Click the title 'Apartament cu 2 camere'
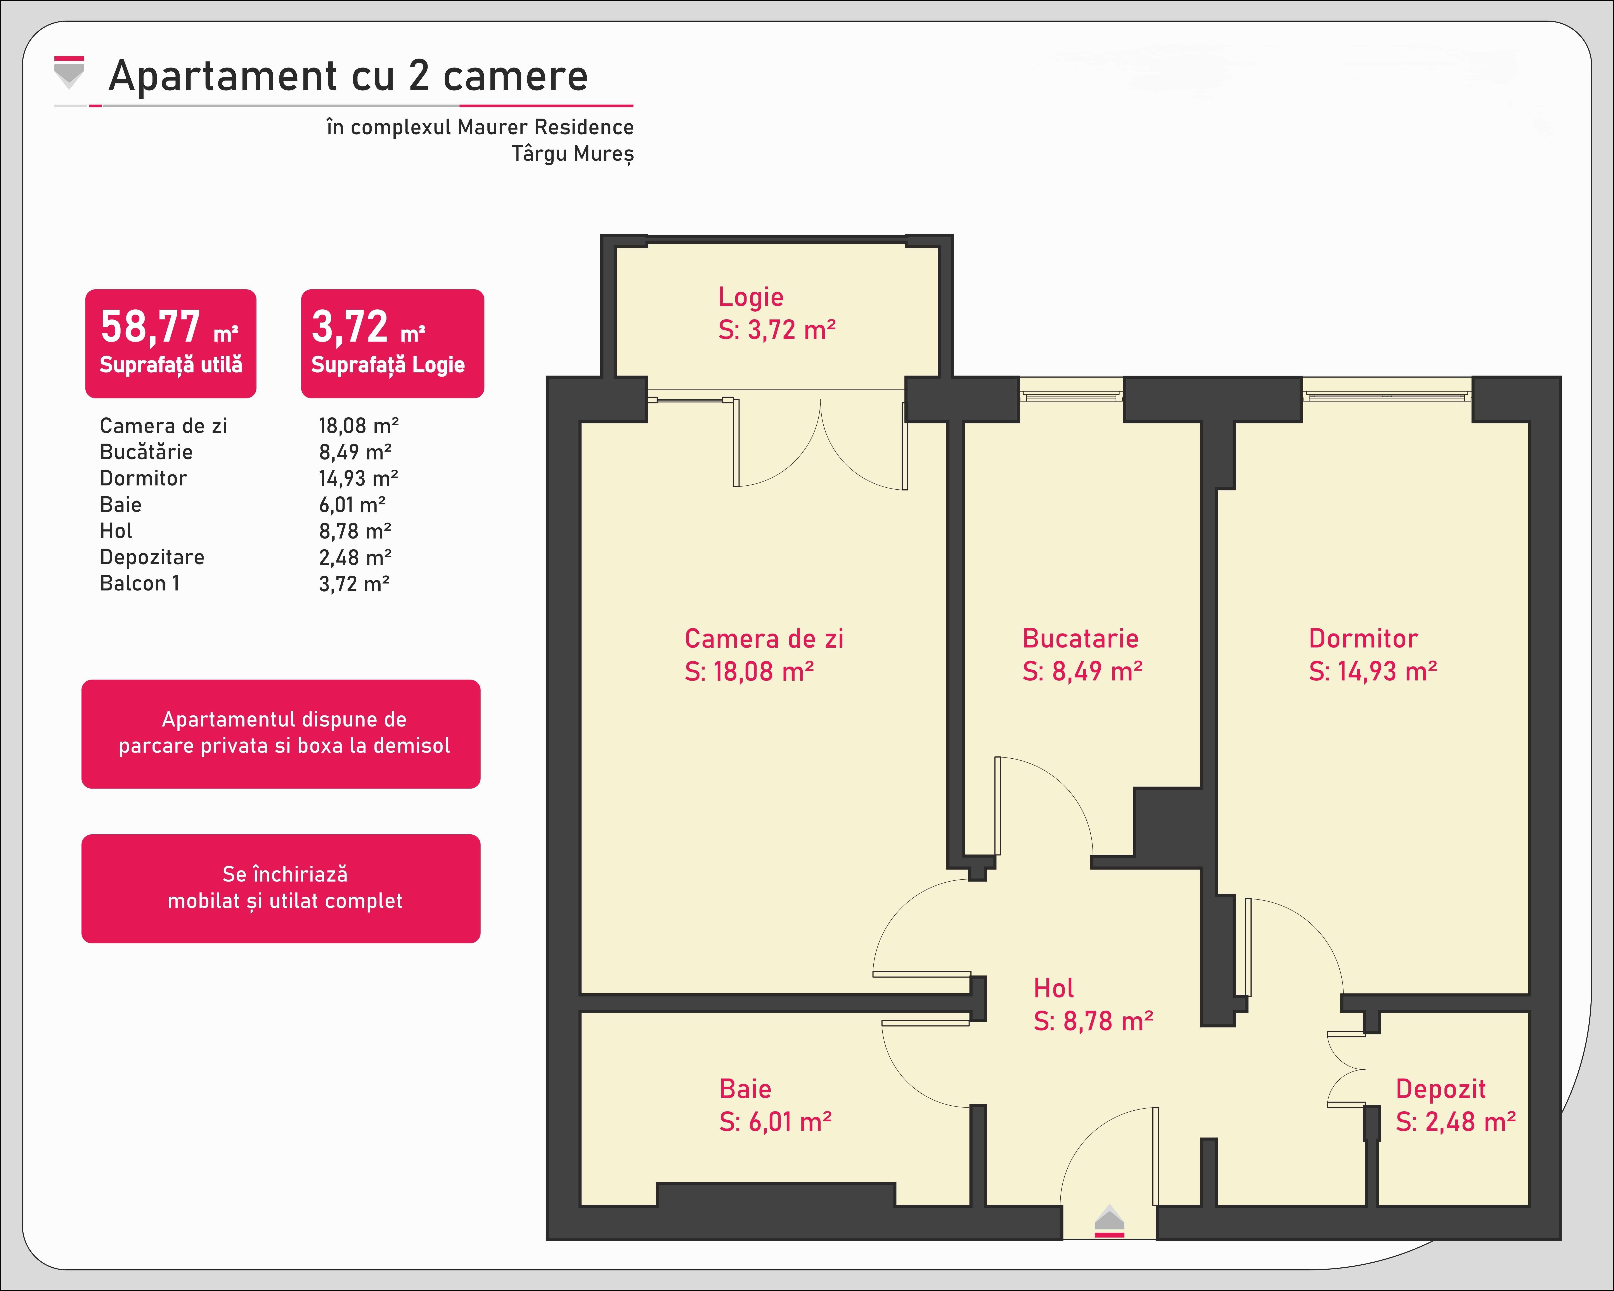tap(348, 76)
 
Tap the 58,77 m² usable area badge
tap(171, 343)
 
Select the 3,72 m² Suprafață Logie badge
tap(392, 343)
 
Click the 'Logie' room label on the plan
tap(751, 297)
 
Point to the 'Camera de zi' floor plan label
tap(764, 638)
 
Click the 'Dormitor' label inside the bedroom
tap(1363, 638)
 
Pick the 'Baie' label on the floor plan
tap(745, 1089)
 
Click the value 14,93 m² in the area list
tap(358, 478)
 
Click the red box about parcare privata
tap(281, 734)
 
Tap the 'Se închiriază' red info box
tap(281, 888)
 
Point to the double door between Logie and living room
tap(821, 442)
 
